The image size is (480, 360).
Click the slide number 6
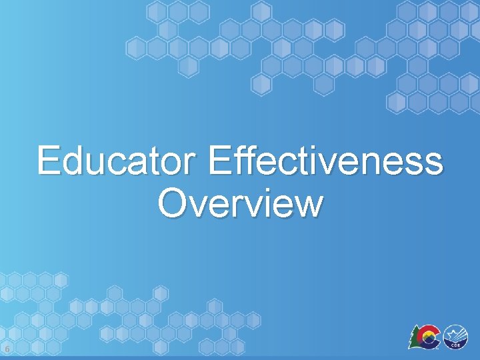coord(6,349)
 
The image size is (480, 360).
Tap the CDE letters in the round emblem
coord(455,345)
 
